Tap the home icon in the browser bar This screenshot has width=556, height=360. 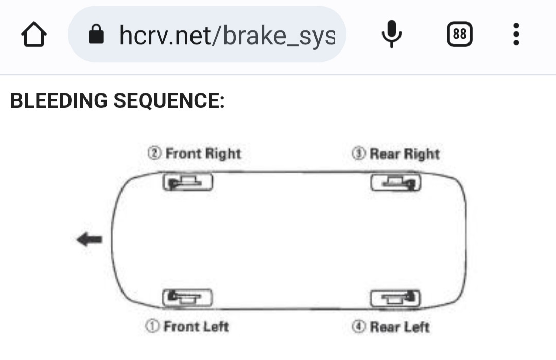(33, 34)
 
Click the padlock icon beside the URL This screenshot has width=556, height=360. (96, 34)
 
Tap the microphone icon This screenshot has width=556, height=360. (391, 34)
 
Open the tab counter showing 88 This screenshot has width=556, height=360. (460, 34)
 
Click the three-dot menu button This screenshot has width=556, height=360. (516, 34)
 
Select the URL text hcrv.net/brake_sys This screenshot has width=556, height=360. (228, 36)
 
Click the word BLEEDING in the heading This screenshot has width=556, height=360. (59, 100)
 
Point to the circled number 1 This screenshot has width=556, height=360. (152, 326)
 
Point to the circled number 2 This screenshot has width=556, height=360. (154, 153)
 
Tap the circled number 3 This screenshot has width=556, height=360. (358, 153)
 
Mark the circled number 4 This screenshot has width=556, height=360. (358, 327)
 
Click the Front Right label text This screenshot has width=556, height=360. (203, 153)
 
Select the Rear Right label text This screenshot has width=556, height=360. (405, 153)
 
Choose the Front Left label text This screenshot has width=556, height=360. (196, 327)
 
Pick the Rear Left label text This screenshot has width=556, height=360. (400, 327)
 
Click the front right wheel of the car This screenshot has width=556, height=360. (187, 182)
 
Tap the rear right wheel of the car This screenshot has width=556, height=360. (396, 182)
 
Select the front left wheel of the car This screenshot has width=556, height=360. (187, 298)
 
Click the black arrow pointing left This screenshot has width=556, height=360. (90, 239)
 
